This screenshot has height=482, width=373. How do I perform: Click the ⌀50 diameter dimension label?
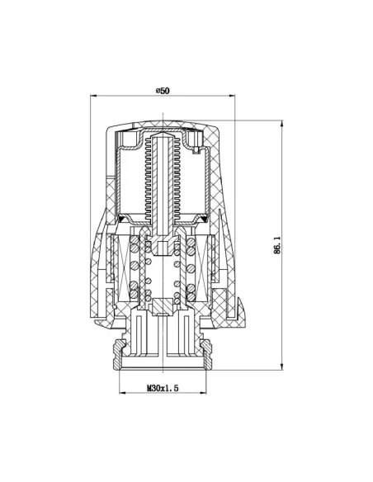coord(162,90)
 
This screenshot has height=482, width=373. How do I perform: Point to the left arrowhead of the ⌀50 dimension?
coord(93,97)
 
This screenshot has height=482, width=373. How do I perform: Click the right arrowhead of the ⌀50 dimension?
coord(233,97)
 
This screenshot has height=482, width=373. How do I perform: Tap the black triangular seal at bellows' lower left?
coord(125,219)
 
